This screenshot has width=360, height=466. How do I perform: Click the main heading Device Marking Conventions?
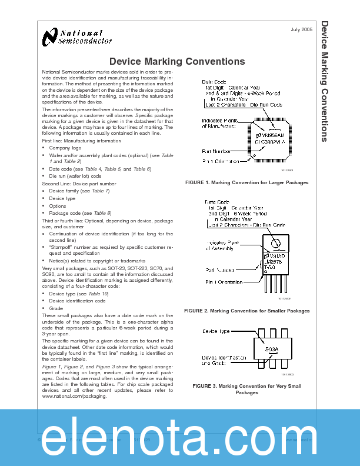177,61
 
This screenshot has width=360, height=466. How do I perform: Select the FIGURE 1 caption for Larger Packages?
246,183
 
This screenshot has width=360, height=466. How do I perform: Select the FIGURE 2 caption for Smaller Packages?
246,310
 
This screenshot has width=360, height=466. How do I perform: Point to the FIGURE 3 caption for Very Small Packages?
246,389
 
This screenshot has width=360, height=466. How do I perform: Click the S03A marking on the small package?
271,349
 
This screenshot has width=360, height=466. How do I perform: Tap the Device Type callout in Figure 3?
216,332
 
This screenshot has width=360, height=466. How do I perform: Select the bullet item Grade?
56,308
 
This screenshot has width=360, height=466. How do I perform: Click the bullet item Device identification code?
77,301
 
